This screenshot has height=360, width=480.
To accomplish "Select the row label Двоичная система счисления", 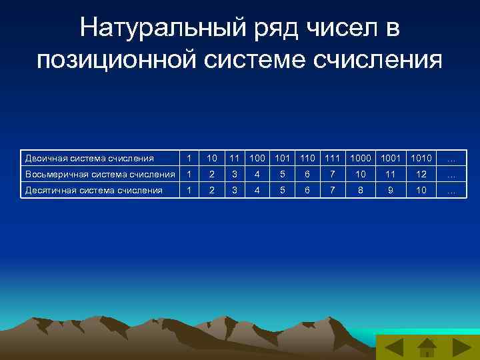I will [89, 158].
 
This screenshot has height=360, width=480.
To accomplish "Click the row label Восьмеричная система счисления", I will [100, 174].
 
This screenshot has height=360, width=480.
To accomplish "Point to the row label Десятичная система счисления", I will [93, 190].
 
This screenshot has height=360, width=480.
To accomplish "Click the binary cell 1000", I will [361, 158].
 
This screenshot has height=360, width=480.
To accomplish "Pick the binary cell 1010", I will [421, 158].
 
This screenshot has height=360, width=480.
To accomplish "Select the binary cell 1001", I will [391, 158].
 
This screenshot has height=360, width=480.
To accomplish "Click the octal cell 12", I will [421, 174].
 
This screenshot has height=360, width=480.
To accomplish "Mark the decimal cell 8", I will [361, 190].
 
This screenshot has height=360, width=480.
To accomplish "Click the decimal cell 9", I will [391, 190].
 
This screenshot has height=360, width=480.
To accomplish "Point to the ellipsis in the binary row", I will [451, 159].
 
